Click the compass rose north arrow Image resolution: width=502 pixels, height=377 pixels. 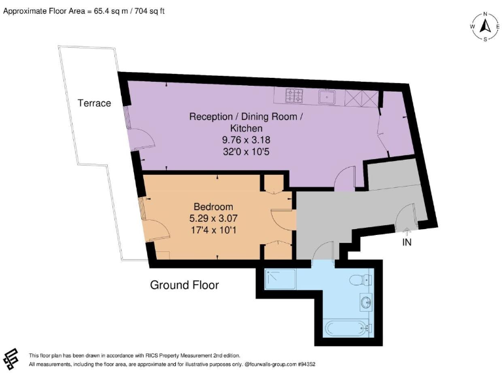point(485,26)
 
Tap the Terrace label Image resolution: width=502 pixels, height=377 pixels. point(94,103)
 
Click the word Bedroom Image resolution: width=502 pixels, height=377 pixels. point(213,207)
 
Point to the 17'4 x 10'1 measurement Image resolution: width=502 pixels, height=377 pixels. point(213,230)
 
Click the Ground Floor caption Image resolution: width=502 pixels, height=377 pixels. point(184,285)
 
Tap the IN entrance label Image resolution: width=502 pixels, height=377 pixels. point(407,241)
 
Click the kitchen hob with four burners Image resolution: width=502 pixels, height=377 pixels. point(293,98)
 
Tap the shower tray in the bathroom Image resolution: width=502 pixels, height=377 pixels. point(280,279)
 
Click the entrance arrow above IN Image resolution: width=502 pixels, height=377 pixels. point(407,230)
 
